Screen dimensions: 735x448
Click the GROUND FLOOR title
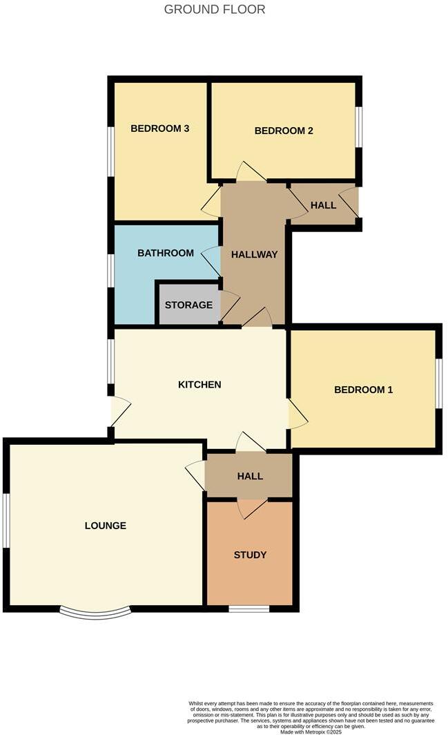point(214,10)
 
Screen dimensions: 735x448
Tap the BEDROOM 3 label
point(160,128)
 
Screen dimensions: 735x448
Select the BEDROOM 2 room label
point(284,131)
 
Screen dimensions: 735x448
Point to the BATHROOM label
point(166,253)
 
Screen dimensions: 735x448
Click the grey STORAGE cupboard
point(188,304)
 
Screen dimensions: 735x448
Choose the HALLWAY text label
point(254,254)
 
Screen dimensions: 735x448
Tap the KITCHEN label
point(199,384)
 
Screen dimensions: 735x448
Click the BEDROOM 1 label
point(363,390)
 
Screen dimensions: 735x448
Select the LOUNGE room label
point(106,526)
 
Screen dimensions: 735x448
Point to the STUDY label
point(250,555)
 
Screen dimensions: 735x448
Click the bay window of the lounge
point(95,612)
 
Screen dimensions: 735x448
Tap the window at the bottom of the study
point(249,609)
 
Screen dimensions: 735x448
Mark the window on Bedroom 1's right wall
point(438,384)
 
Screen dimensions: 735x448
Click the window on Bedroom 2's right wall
point(358,126)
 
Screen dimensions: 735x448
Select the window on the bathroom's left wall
point(110,269)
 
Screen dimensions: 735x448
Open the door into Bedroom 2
point(250,173)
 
